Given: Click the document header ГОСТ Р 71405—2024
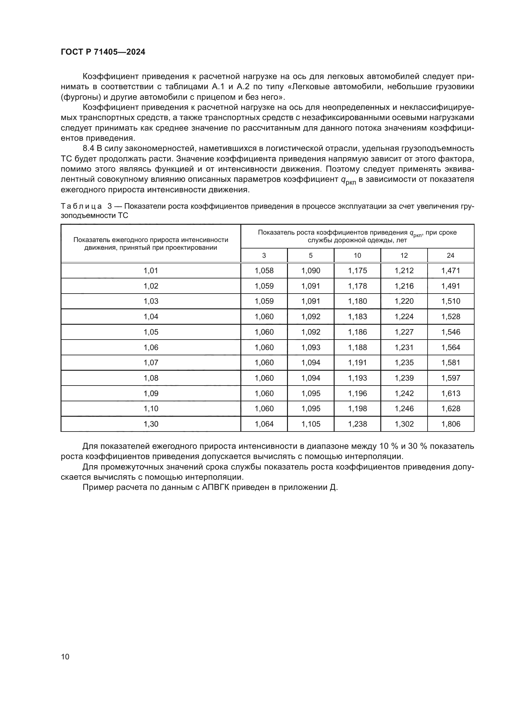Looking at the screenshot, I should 103,52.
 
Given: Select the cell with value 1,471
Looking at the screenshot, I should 450,271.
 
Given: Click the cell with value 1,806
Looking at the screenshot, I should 450,424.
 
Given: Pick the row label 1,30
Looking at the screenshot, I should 151,424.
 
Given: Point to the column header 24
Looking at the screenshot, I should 450,255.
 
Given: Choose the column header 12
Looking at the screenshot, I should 404,255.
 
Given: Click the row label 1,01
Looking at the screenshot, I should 151,271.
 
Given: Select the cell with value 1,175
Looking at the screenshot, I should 357,271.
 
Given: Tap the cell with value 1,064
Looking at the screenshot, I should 264,424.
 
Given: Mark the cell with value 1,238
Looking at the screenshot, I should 357,424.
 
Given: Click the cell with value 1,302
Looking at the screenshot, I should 404,424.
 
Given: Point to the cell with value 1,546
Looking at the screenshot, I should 450,332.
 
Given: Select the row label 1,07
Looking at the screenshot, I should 151,363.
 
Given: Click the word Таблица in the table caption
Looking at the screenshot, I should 81,206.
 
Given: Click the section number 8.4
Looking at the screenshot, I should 88,148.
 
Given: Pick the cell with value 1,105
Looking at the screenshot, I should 310,424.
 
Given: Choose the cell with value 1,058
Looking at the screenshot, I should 264,271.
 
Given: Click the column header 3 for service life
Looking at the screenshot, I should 264,255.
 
